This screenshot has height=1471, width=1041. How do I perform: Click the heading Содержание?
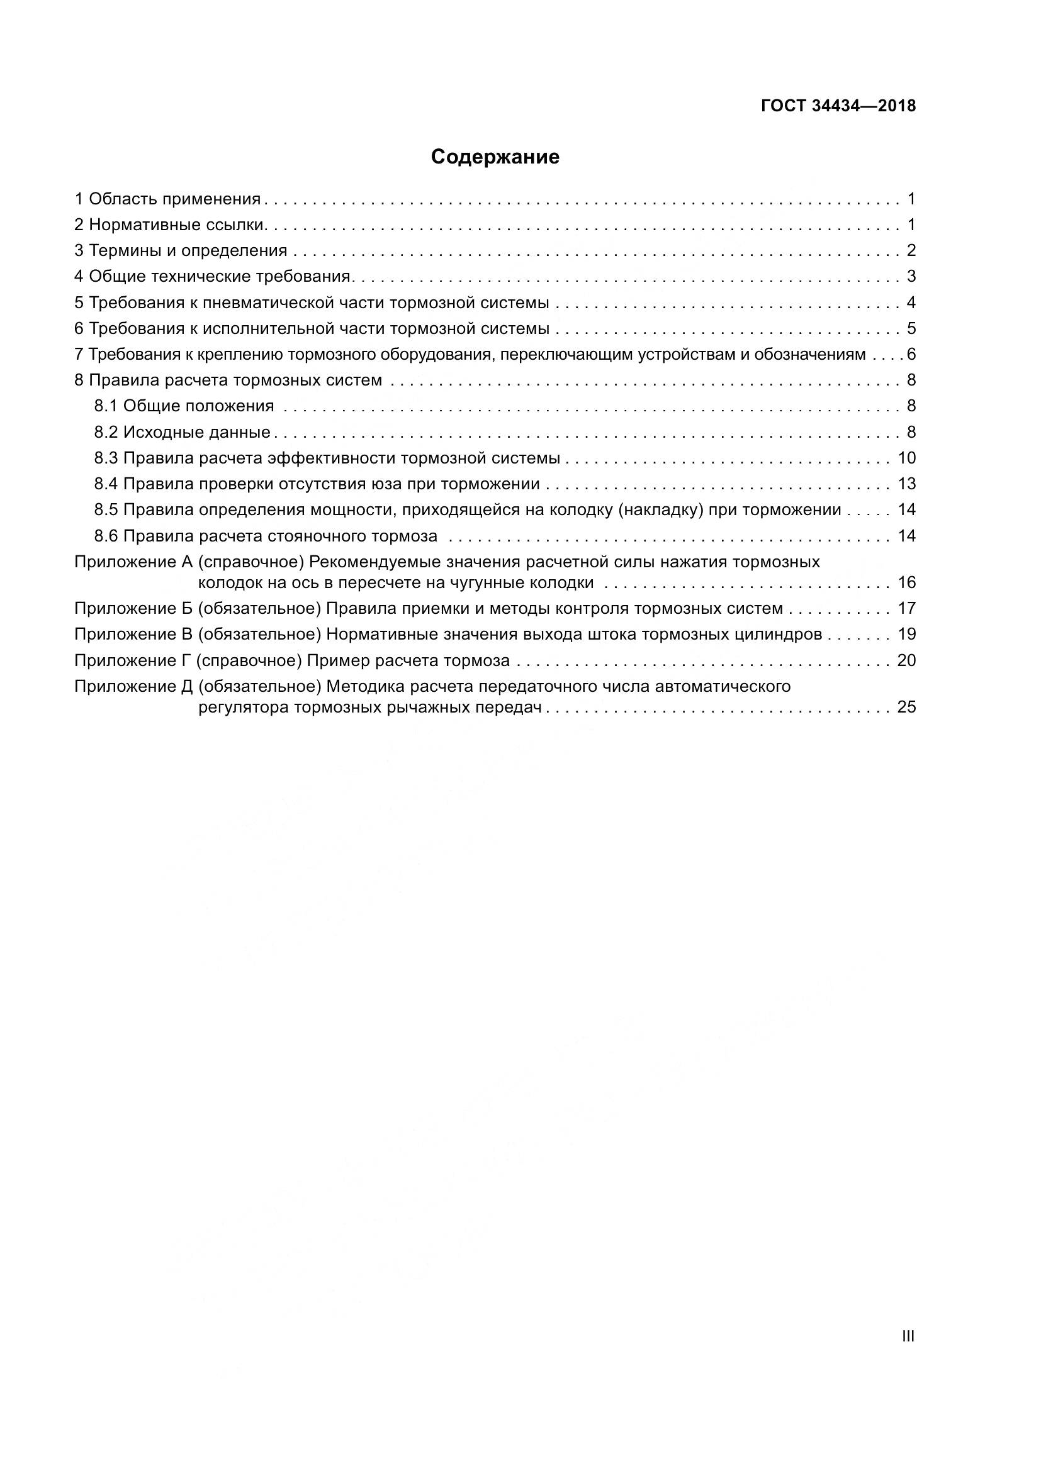[x=495, y=157]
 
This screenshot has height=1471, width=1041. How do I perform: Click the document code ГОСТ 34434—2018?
[x=838, y=106]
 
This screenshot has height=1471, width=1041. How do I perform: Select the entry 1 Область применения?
[x=168, y=199]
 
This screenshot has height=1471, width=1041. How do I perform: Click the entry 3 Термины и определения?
[x=181, y=250]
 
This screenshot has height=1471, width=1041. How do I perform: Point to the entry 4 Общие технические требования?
[x=213, y=277]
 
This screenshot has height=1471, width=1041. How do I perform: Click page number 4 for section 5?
[x=911, y=303]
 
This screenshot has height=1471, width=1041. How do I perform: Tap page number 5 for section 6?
[x=911, y=329]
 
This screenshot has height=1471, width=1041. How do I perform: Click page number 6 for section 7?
[x=911, y=354]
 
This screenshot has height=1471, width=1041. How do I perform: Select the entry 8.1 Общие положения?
[x=184, y=406]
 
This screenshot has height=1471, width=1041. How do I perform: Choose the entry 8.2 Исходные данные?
[x=182, y=433]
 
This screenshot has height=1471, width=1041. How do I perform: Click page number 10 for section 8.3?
[x=906, y=458]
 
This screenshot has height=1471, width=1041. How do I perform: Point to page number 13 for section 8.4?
[x=906, y=484]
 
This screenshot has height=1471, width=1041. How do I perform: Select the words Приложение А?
[x=133, y=562]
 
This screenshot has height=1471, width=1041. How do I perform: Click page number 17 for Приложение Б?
[x=906, y=608]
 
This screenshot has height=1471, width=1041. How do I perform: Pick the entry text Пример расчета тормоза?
[x=408, y=660]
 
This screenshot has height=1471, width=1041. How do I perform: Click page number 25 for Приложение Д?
[x=906, y=708]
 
